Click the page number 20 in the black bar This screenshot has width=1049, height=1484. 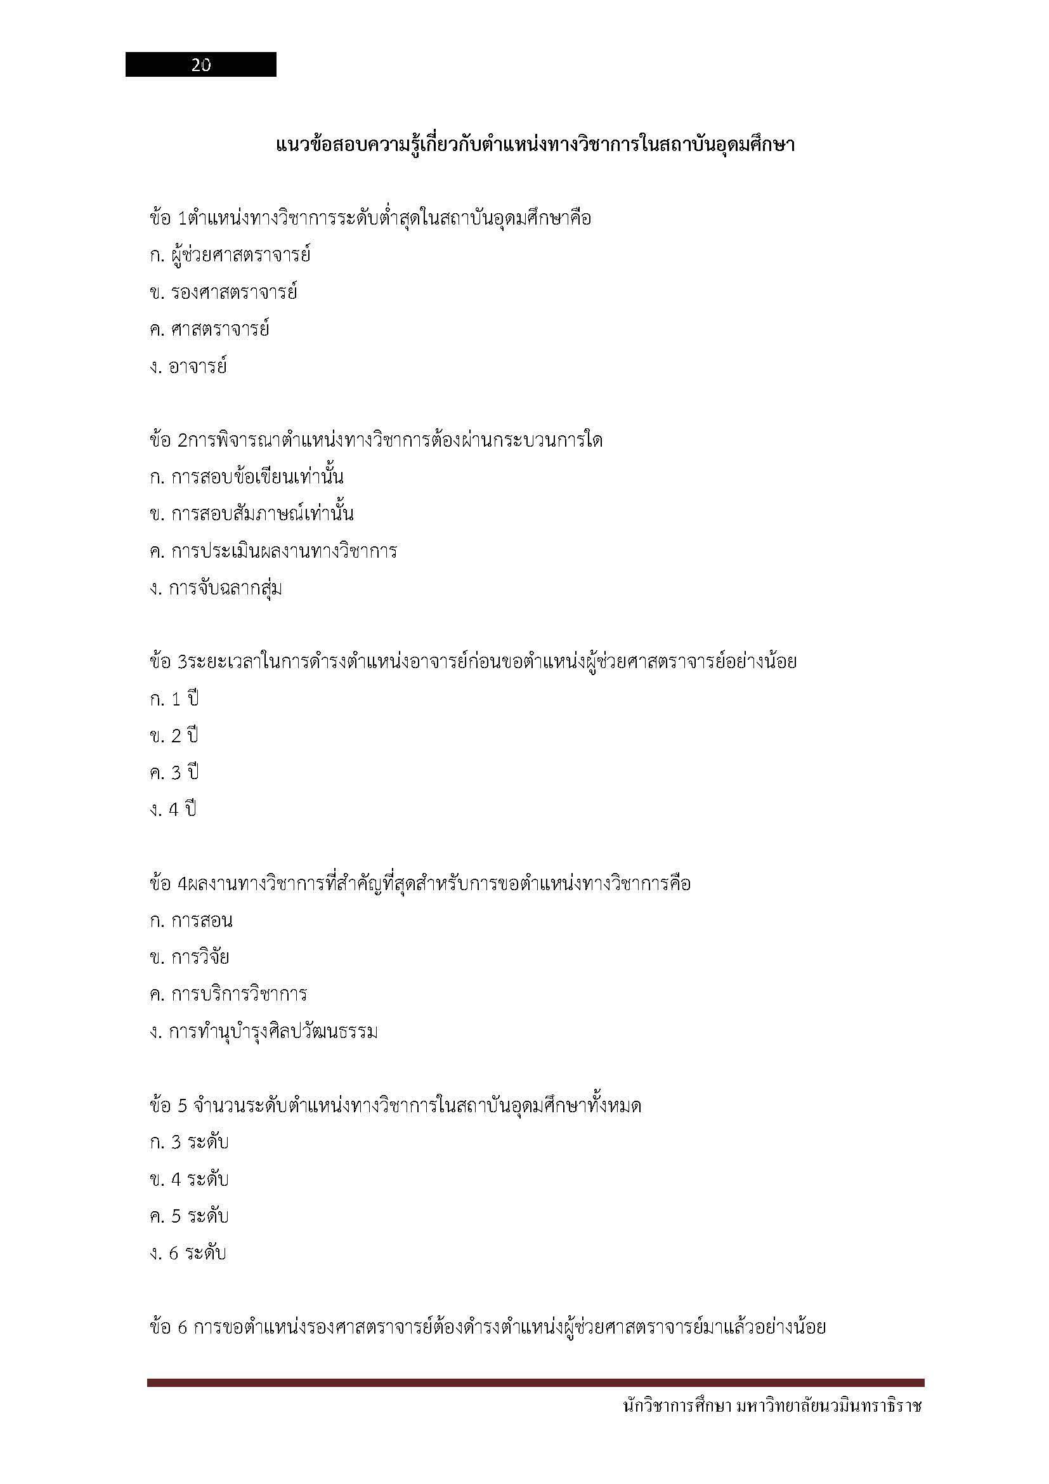point(201,65)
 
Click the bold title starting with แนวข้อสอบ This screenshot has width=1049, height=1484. point(534,144)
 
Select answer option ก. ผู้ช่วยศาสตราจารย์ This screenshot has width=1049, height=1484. point(230,255)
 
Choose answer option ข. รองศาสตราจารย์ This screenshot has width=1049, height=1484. point(223,292)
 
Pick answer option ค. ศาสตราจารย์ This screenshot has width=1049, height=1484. point(209,330)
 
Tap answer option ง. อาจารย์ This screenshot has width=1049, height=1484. point(188,367)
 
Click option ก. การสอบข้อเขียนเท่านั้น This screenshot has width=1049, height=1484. point(246,478)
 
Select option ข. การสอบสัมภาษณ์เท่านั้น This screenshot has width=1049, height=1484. point(251,515)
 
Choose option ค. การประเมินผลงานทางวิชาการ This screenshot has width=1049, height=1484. point(273,551)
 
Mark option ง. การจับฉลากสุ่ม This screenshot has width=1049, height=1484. point(216,589)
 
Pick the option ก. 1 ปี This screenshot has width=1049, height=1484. point(174,699)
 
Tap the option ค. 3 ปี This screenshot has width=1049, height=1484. point(174,773)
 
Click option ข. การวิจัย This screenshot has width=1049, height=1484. point(189,957)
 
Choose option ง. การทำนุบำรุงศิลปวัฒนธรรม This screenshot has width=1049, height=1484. point(263,1032)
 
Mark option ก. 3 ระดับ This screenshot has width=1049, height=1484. point(188,1142)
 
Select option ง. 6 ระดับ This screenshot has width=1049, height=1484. point(187,1253)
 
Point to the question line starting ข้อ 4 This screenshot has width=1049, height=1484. point(420,884)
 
